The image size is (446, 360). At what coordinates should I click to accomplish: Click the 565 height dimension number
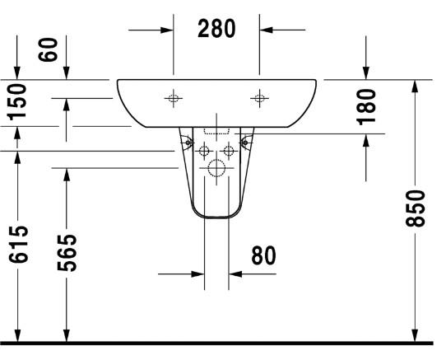[69, 251]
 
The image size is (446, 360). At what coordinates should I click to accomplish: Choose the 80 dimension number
[263, 255]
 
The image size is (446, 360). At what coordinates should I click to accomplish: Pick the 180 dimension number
[367, 105]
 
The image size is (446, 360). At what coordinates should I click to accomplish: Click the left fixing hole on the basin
[174, 99]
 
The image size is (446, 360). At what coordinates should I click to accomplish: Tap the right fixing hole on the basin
[260, 99]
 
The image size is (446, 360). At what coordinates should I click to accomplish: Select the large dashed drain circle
[216, 171]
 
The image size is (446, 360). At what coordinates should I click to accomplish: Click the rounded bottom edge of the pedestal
[216, 218]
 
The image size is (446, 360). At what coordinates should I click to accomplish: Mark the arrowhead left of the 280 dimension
[167, 29]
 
